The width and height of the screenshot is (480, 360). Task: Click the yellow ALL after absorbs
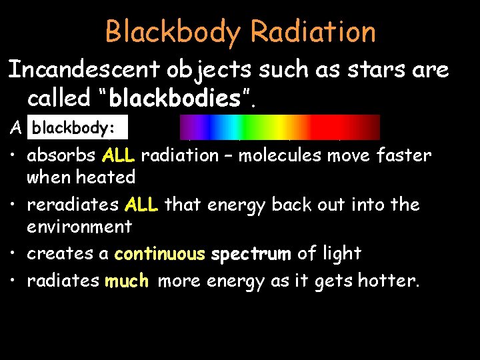(x=119, y=156)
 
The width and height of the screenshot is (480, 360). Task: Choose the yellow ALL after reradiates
(x=141, y=205)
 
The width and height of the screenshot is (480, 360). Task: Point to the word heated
(x=106, y=177)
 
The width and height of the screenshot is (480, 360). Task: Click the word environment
(x=79, y=227)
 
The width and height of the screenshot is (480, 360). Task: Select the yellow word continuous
(x=159, y=254)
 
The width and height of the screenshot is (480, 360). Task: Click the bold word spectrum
(x=251, y=254)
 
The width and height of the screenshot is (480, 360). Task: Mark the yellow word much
(x=127, y=281)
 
